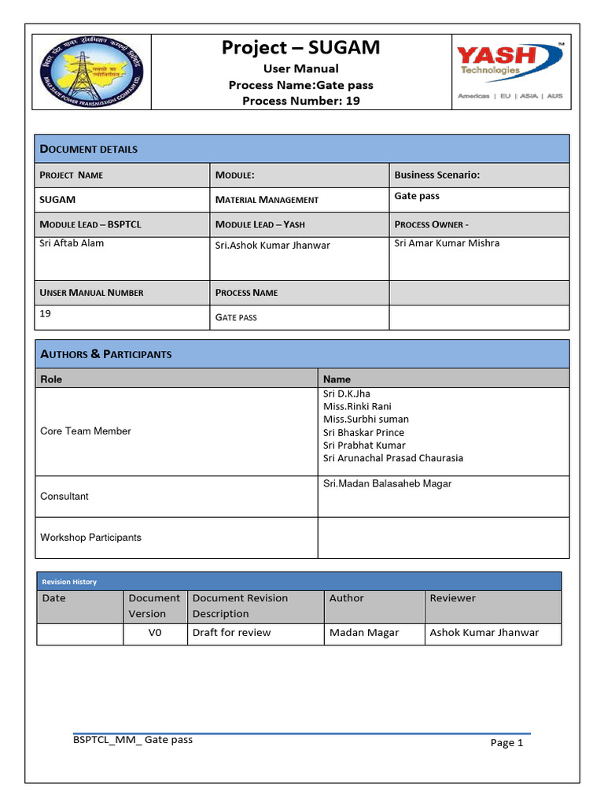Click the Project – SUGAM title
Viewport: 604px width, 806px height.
(x=300, y=48)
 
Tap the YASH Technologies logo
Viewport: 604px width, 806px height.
(x=510, y=71)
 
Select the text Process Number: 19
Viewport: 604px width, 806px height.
(x=300, y=101)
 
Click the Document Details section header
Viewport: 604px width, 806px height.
(x=89, y=149)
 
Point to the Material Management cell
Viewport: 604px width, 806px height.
(x=267, y=200)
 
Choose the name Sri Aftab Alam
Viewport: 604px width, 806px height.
(x=72, y=243)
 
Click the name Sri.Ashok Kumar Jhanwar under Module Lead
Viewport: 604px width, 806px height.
(x=272, y=246)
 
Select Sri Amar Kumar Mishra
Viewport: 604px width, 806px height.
(x=447, y=243)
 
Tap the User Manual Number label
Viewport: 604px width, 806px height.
(x=91, y=293)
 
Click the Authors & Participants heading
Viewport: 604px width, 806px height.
(x=105, y=354)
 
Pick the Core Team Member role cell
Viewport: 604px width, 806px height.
(x=86, y=431)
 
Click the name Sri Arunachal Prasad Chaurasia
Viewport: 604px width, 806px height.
(x=393, y=458)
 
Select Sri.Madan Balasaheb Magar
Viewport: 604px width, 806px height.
(x=387, y=484)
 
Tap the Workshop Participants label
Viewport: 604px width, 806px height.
(x=90, y=538)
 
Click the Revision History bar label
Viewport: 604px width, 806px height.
(x=69, y=582)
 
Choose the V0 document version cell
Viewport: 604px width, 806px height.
(x=155, y=633)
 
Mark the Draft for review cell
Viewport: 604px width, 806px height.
(x=231, y=633)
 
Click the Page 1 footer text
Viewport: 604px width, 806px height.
(x=506, y=742)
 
